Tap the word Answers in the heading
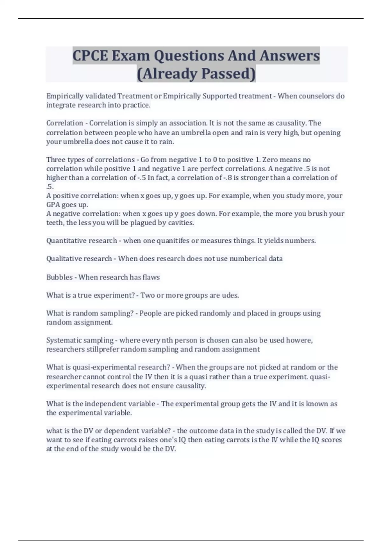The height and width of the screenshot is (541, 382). [290, 56]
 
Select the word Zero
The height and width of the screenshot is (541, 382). [271, 159]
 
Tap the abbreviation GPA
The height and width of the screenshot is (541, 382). [53, 205]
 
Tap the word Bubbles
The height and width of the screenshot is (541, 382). [60, 277]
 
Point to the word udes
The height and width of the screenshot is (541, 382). [230, 295]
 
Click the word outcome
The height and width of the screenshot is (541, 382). [203, 431]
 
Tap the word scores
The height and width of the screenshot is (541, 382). [331, 440]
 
